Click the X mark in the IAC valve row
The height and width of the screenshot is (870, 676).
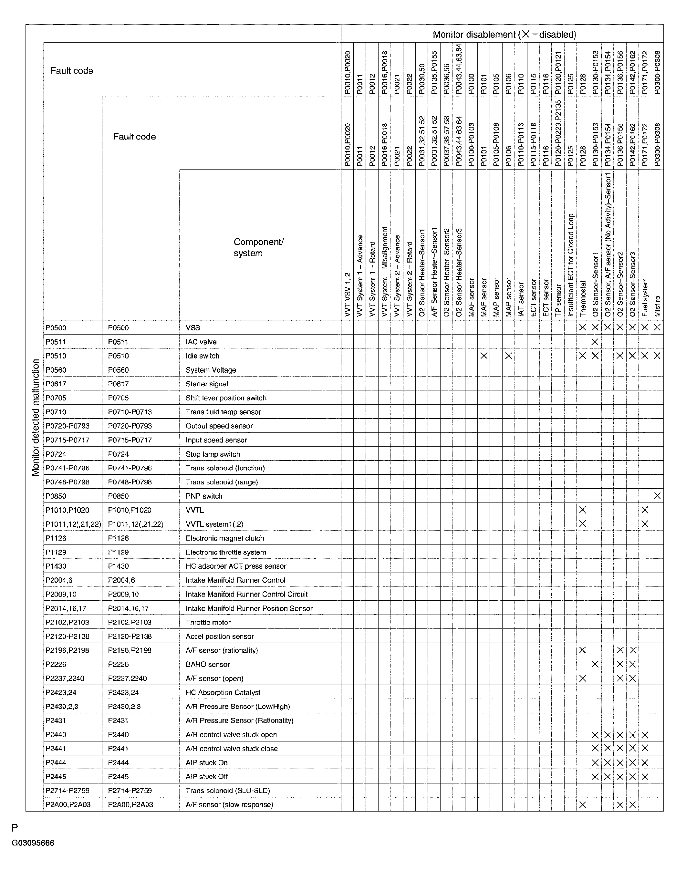click(x=595, y=342)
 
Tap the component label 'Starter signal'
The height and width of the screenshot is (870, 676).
click(x=207, y=384)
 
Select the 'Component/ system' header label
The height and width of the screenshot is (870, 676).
click(x=258, y=247)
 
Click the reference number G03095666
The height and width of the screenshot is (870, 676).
click(x=33, y=843)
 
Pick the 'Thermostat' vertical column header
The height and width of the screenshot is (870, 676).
click(x=583, y=299)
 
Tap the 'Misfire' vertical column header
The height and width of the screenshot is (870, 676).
click(x=657, y=306)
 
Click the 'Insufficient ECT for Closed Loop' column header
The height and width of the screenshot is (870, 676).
click(x=570, y=265)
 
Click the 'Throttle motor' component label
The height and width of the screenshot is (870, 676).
click(x=208, y=622)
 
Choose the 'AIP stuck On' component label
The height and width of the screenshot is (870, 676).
click(x=206, y=762)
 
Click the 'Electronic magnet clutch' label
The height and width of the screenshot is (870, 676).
click(x=225, y=538)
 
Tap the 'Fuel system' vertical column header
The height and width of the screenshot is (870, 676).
click(x=645, y=297)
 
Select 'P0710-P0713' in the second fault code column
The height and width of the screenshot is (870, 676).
click(x=130, y=412)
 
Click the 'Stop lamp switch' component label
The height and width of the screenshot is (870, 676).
click(x=213, y=454)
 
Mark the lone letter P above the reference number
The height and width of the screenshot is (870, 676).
click(x=15, y=828)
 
